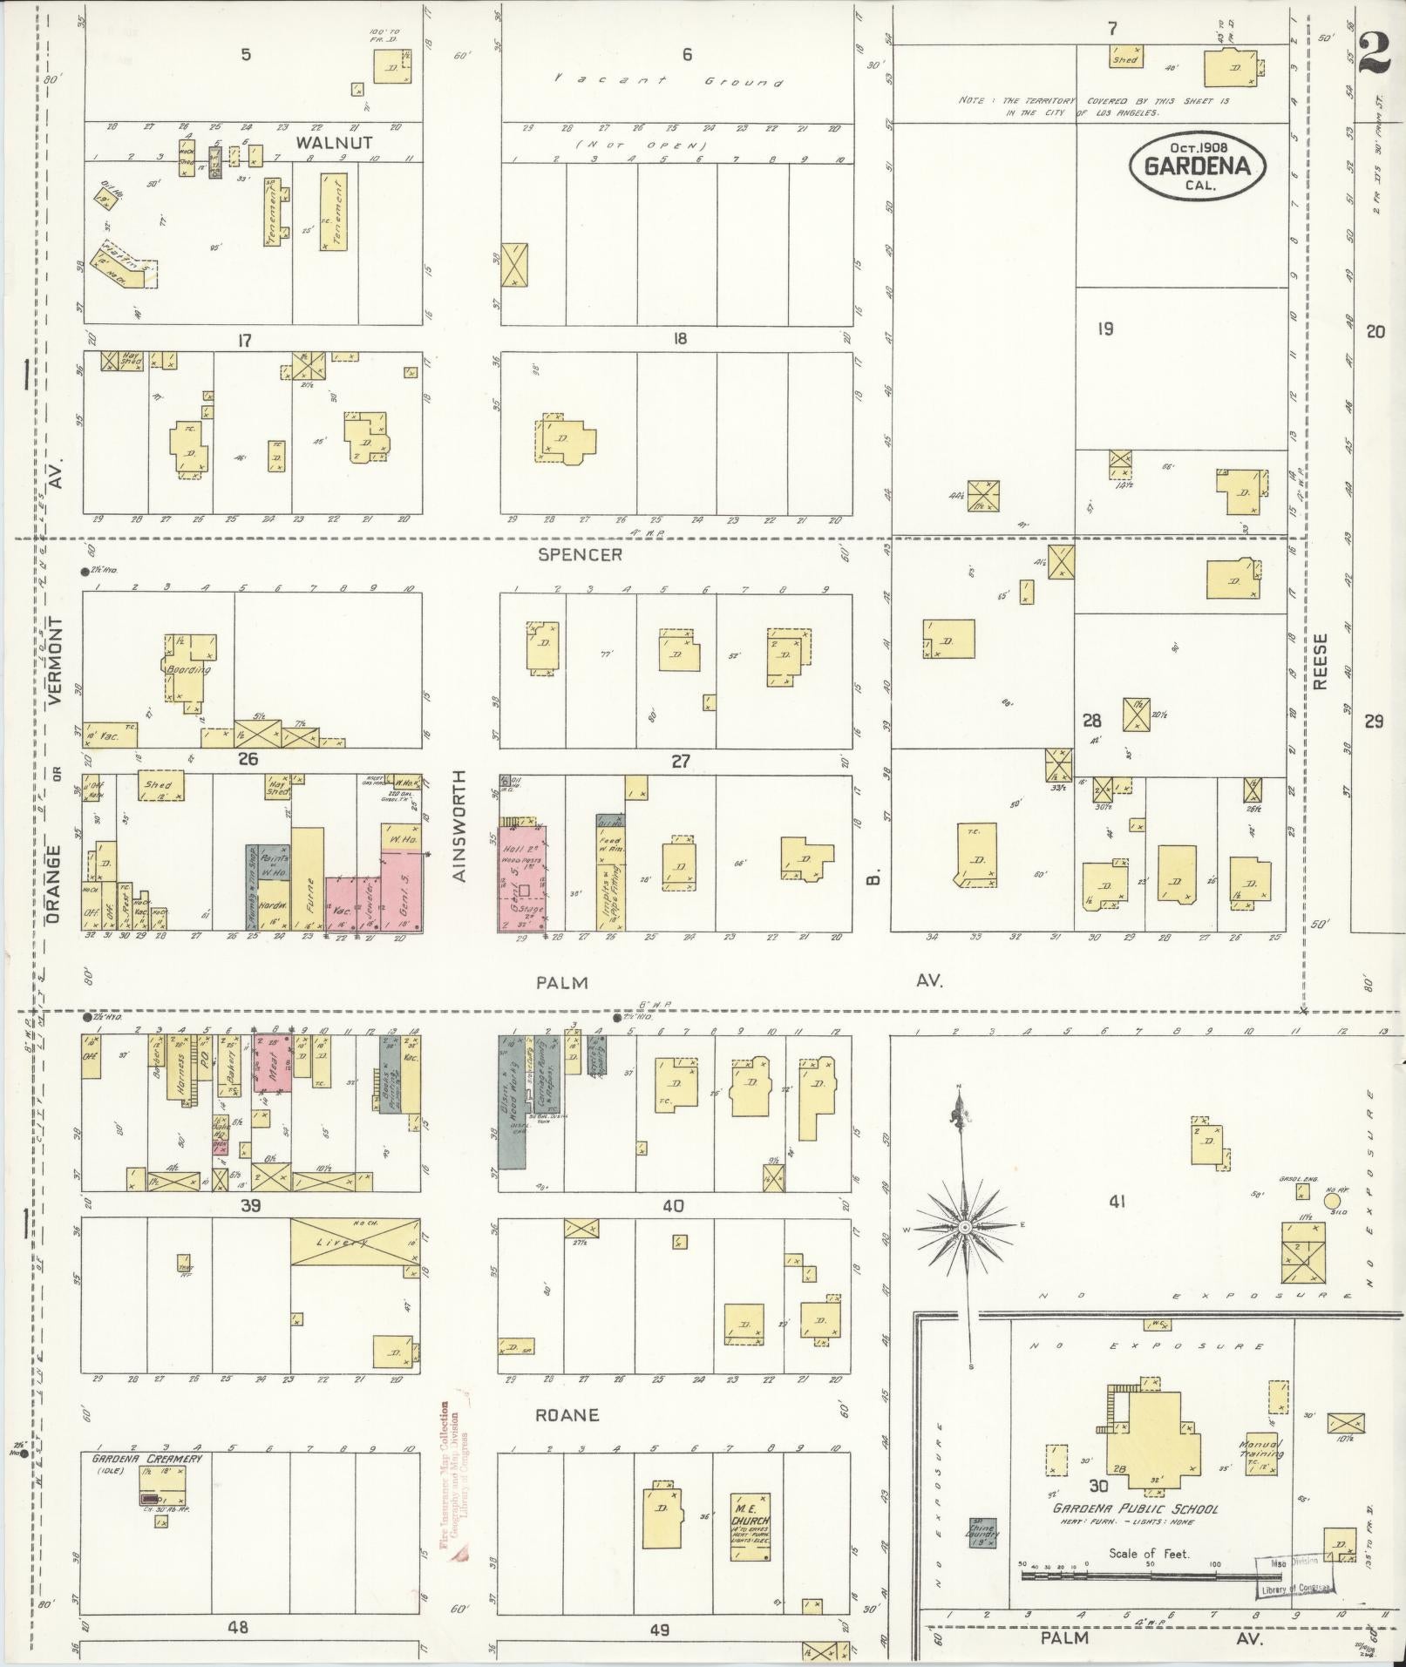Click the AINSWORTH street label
[461, 825]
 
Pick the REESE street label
[1320, 661]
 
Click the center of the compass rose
[965, 1227]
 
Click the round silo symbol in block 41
[1332, 1202]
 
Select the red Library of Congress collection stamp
[453, 1490]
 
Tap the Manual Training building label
[1261, 1449]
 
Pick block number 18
[680, 339]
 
